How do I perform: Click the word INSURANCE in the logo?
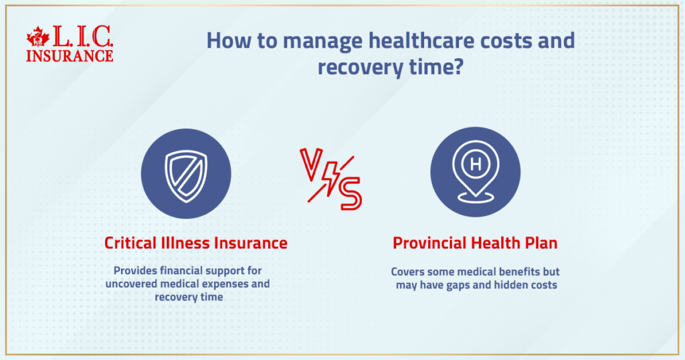(x=70, y=56)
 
